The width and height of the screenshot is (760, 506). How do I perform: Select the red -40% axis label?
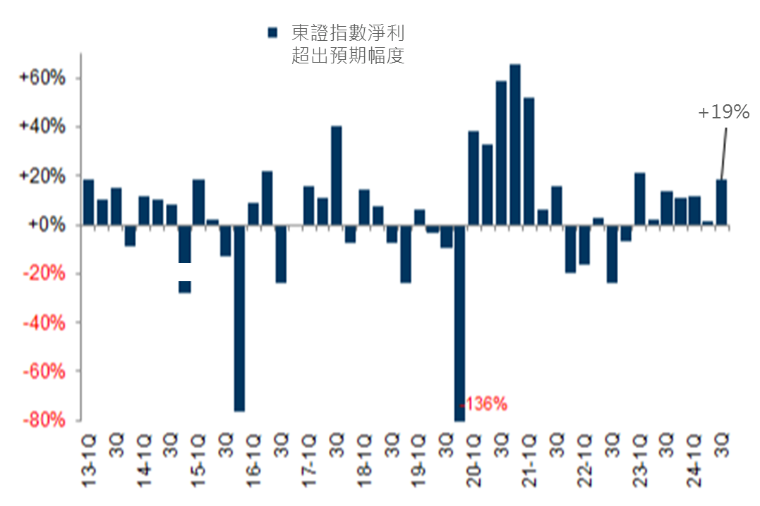(x=44, y=323)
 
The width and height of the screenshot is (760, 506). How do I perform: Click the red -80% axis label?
(x=44, y=420)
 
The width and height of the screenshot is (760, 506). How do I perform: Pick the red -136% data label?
(x=484, y=405)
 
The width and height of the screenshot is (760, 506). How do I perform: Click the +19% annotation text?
(x=723, y=112)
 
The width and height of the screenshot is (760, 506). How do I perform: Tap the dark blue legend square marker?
(x=271, y=32)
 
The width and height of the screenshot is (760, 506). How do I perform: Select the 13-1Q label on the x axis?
(x=90, y=462)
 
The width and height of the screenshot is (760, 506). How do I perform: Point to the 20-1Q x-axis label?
(x=474, y=462)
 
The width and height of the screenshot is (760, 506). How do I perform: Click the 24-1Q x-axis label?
(x=694, y=462)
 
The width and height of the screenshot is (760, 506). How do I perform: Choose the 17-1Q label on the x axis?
(x=309, y=462)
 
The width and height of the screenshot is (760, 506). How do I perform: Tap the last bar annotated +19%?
(x=722, y=202)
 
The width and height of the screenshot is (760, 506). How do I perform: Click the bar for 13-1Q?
(x=88, y=202)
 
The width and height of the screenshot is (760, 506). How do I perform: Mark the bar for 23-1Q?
(x=639, y=199)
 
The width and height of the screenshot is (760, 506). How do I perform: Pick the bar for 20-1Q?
(x=474, y=178)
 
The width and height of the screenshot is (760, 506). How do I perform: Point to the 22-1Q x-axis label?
(x=584, y=462)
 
